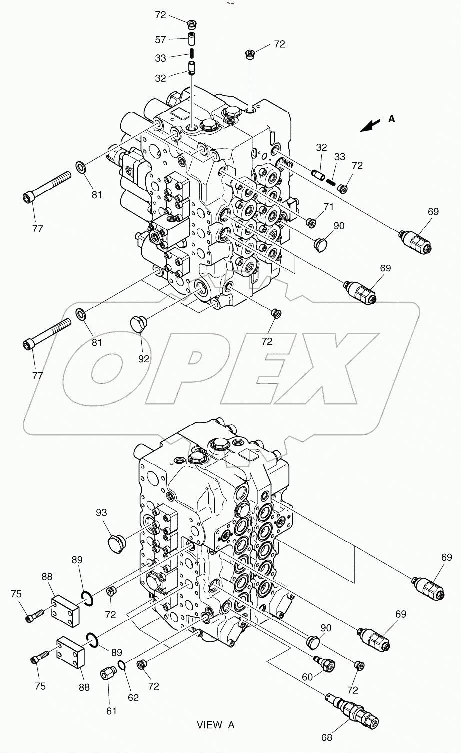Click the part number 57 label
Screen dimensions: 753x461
(160, 40)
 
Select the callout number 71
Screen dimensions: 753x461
(328, 206)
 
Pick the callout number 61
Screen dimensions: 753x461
(111, 697)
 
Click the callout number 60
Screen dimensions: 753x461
(307, 677)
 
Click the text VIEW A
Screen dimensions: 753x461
(215, 725)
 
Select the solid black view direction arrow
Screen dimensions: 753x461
(370, 125)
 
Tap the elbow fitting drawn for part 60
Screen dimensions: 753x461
(324, 662)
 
